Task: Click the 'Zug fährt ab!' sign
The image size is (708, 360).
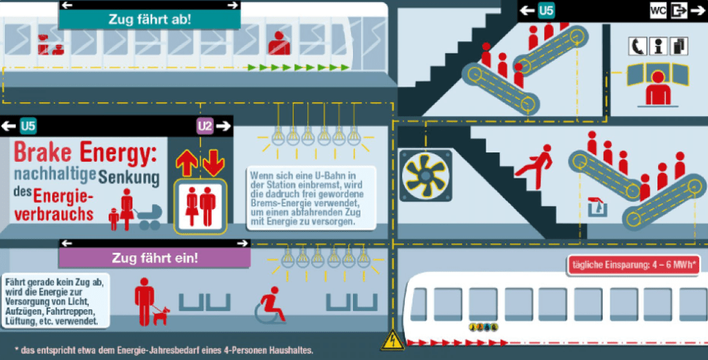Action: pos(149,19)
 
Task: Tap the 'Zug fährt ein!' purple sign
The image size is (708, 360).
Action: pos(154,259)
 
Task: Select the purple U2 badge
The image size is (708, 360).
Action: pos(205,127)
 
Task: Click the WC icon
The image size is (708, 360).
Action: pos(658,10)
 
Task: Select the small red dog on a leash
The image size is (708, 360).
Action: pos(161,316)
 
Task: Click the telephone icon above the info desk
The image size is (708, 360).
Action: pos(637,46)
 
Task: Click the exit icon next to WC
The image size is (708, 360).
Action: pos(679,10)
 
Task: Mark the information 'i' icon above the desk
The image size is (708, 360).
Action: pos(658,46)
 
